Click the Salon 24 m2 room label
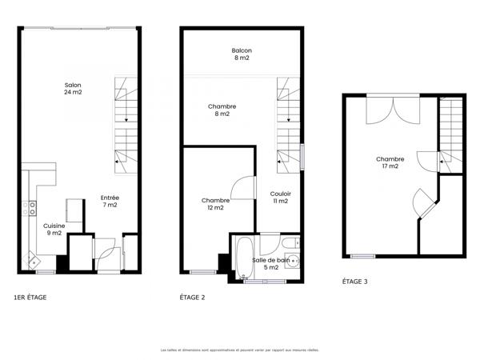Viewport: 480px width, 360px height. (x=74, y=88)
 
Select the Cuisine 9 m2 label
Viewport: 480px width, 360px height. (x=54, y=230)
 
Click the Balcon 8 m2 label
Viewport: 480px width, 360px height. (x=242, y=54)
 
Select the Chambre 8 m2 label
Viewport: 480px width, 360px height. (x=221, y=110)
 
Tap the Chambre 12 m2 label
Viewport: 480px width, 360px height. (x=215, y=204)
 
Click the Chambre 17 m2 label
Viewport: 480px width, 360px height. (x=390, y=162)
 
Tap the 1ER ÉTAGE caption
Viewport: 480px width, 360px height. (x=30, y=298)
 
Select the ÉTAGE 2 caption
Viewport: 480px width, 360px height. (x=193, y=298)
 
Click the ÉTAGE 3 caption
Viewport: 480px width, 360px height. (x=355, y=282)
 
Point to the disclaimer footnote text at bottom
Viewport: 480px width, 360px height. (x=239, y=350)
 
